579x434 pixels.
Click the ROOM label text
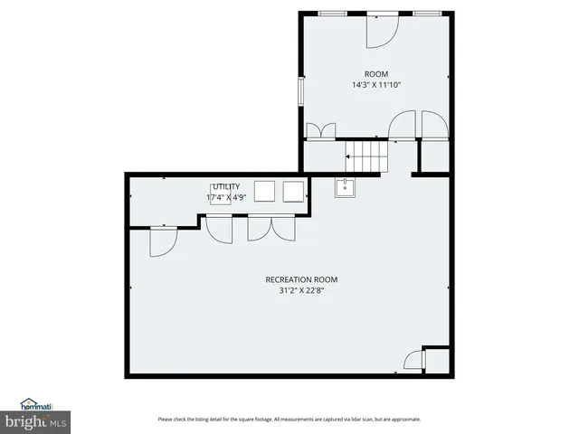pyautogui.click(x=375, y=73)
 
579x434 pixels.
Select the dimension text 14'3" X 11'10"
pyautogui.click(x=375, y=84)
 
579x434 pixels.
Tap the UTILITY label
pyautogui.click(x=226, y=186)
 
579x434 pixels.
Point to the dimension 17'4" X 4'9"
pyautogui.click(x=225, y=196)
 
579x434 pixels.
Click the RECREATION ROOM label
pyautogui.click(x=301, y=279)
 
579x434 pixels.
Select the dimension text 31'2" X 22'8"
pyautogui.click(x=301, y=290)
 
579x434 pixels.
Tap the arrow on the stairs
pyautogui.click(x=348, y=156)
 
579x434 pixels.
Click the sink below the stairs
pyautogui.click(x=344, y=187)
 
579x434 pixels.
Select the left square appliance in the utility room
pyautogui.click(x=265, y=191)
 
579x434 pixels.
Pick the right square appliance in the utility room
pyautogui.click(x=294, y=191)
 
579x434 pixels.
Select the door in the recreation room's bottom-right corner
pyautogui.click(x=414, y=362)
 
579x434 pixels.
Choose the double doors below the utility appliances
pyautogui.click(x=271, y=229)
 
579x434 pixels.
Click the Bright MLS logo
pyautogui.click(x=33, y=421)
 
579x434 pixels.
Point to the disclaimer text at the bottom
pyautogui.click(x=289, y=419)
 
